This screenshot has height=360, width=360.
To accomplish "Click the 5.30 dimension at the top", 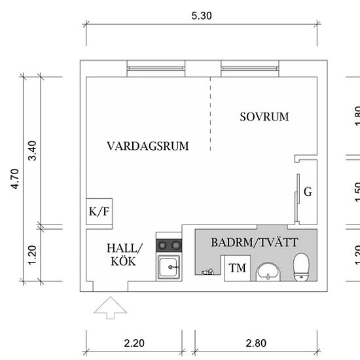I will pyautogui.click(x=202, y=15).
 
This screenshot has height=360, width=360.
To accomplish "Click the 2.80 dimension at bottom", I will pyautogui.click(x=256, y=342).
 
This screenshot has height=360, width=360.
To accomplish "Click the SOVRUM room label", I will pyautogui.click(x=264, y=117).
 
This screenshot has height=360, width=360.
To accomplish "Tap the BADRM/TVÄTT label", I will pyautogui.click(x=255, y=242).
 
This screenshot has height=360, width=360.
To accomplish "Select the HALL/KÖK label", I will pyautogui.click(x=124, y=255).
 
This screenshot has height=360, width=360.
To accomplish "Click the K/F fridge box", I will pyautogui.click(x=99, y=211).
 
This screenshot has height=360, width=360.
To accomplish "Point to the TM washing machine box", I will pyautogui.click(x=238, y=268).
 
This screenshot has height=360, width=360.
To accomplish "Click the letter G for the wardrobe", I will pyautogui.click(x=308, y=192).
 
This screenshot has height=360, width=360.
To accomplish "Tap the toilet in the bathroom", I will pyautogui.click(x=301, y=267).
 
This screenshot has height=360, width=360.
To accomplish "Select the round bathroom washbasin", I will pyautogui.click(x=268, y=271).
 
